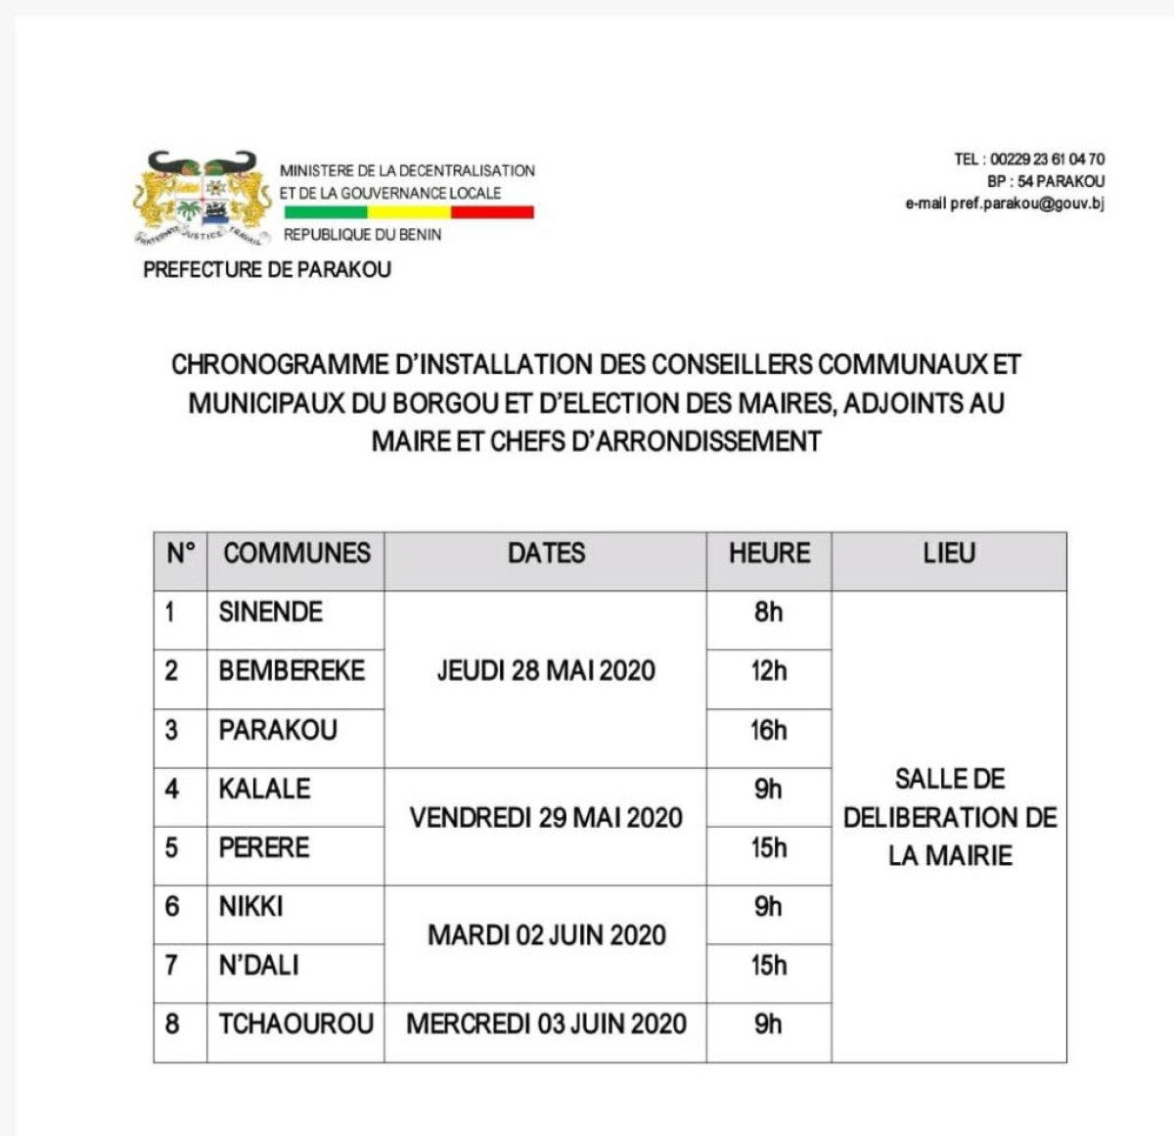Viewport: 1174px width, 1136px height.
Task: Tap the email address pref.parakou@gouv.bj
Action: pyautogui.click(x=1027, y=204)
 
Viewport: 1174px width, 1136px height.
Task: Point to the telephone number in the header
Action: pyautogui.click(x=1047, y=159)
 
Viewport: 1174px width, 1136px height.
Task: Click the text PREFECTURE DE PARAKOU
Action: pyautogui.click(x=267, y=269)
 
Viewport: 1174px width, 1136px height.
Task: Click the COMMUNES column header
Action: pyautogui.click(x=296, y=553)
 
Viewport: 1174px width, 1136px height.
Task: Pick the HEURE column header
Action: pyautogui.click(x=769, y=553)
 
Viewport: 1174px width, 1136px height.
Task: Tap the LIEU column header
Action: pyautogui.click(x=949, y=553)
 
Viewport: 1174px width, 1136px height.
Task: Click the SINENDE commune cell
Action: pyautogui.click(x=271, y=613)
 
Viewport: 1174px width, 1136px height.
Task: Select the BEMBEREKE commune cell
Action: pyautogui.click(x=292, y=671)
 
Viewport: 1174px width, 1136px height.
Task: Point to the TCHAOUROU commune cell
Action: pyautogui.click(x=295, y=1024)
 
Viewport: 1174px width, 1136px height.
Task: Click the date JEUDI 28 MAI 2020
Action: pyautogui.click(x=546, y=671)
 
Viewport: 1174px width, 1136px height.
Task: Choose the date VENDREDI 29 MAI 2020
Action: pyautogui.click(x=546, y=818)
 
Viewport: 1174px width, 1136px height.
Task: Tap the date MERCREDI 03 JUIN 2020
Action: pyautogui.click(x=546, y=1024)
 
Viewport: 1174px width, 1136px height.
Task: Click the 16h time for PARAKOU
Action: pyautogui.click(x=769, y=730)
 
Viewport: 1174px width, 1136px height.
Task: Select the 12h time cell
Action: pyautogui.click(x=769, y=671)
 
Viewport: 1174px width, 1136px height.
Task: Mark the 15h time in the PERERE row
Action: pyautogui.click(x=769, y=847)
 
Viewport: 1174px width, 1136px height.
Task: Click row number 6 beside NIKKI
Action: pyautogui.click(x=172, y=906)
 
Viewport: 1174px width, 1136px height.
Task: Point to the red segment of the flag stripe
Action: pyautogui.click(x=492, y=211)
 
